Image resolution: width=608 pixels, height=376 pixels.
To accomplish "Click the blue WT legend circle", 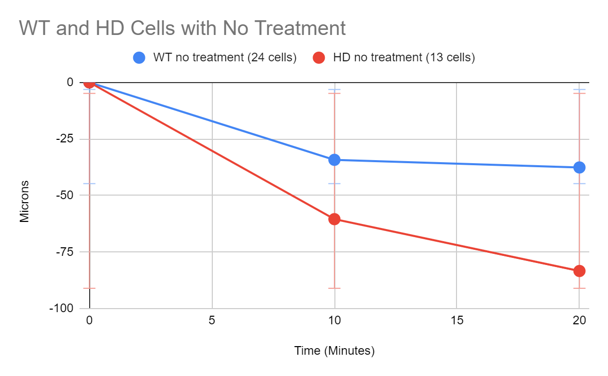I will pyautogui.click(x=139, y=58).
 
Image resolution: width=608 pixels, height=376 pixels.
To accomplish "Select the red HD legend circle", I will pyautogui.click(x=319, y=58).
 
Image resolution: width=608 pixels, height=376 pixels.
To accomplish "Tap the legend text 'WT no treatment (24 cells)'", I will pyautogui.click(x=224, y=58).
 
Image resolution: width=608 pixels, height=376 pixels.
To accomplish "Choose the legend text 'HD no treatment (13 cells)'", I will pyautogui.click(x=404, y=58).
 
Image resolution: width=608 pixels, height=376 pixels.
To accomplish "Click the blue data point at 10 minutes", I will pyautogui.click(x=334, y=160).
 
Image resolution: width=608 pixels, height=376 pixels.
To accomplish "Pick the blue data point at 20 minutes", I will pyautogui.click(x=579, y=167).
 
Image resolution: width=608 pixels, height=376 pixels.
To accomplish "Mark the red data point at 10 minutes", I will pyautogui.click(x=334, y=219).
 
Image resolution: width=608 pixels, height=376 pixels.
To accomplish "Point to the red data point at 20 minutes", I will pyautogui.click(x=579, y=271).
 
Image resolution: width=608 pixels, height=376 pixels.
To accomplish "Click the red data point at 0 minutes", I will pyautogui.click(x=89, y=82).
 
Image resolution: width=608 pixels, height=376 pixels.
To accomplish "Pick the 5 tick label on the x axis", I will pyautogui.click(x=212, y=321).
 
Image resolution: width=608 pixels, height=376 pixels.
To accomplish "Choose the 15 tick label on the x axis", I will pyautogui.click(x=457, y=321).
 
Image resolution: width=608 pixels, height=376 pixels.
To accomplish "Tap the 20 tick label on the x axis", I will pyautogui.click(x=579, y=321).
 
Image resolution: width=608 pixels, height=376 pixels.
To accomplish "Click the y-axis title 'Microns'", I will pyautogui.click(x=24, y=201).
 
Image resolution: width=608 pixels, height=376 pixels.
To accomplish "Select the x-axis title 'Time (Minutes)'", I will pyautogui.click(x=334, y=351).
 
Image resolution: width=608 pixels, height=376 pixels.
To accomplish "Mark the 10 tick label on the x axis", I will pyautogui.click(x=334, y=321).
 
